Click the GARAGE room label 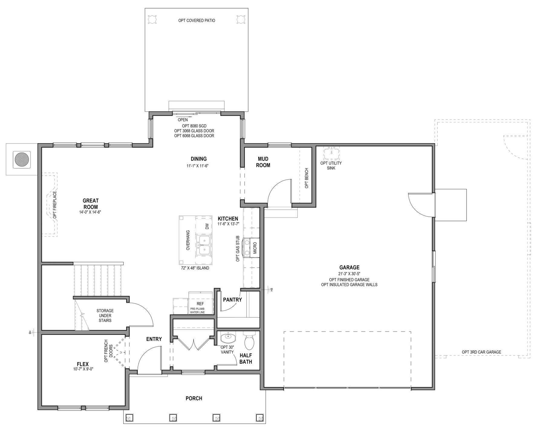[x=349, y=267]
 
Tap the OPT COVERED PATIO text [x=197, y=21]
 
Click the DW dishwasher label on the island [x=207, y=226]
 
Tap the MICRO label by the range [x=255, y=248]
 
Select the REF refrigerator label [x=200, y=304]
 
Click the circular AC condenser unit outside [x=22, y=160]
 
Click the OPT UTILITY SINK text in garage [x=331, y=165]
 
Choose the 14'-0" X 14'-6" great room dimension [x=90, y=212]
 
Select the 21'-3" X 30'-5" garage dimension [x=349, y=274]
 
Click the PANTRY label [x=232, y=300]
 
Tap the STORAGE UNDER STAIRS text [x=105, y=315]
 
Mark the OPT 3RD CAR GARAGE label [x=481, y=352]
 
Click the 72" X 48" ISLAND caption [x=195, y=268]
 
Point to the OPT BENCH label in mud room [x=306, y=178]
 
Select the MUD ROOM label [x=263, y=162]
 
